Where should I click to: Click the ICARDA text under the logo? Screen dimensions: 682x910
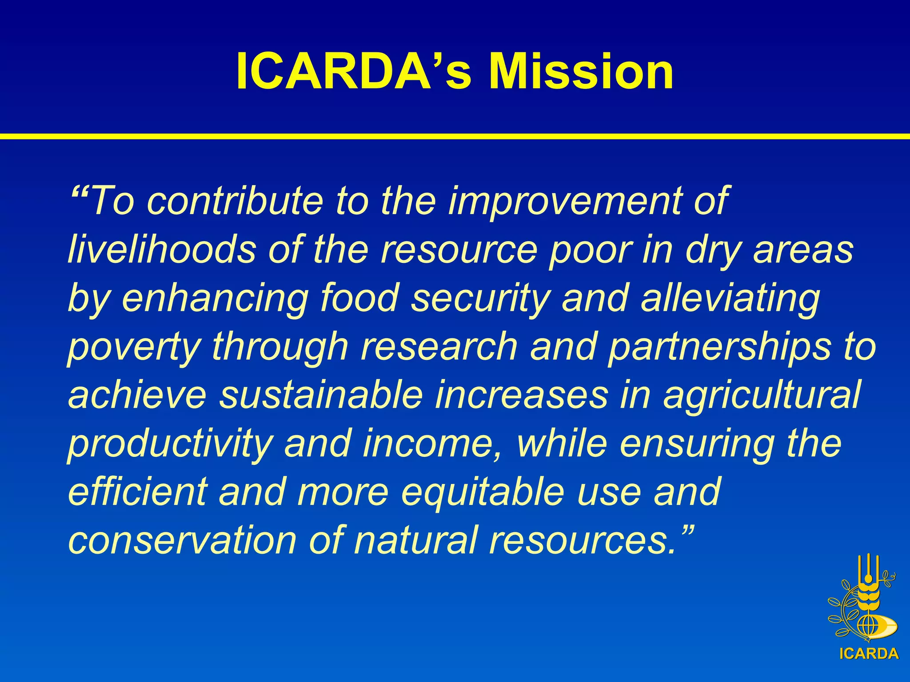pos(869,654)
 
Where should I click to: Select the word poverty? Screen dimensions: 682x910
pos(133,347)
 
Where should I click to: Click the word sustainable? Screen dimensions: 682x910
pos(320,395)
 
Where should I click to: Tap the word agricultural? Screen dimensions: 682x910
pos(762,395)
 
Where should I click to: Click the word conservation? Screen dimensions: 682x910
pos(182,540)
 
